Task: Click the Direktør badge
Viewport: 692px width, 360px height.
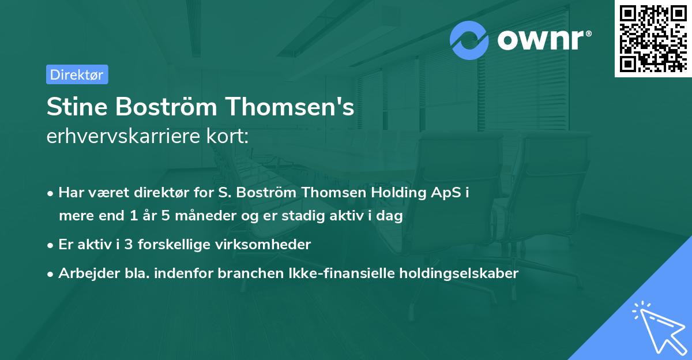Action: pyautogui.click(x=77, y=74)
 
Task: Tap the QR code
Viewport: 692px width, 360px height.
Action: pyautogui.click(x=653, y=39)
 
